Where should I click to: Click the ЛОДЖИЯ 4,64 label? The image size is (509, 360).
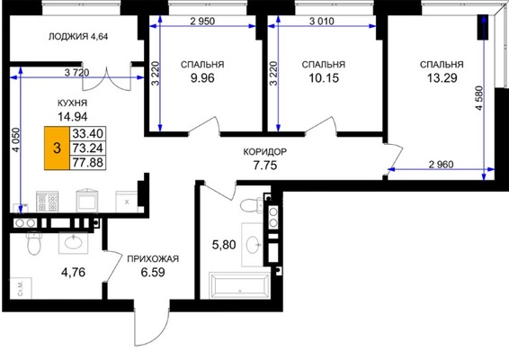tap(78, 36)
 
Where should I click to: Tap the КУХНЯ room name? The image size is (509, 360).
tap(72, 103)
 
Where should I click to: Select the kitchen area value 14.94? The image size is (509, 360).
tap(72, 116)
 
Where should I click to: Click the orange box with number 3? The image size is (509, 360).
tap(58, 148)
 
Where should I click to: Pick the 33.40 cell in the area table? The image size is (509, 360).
tap(87, 133)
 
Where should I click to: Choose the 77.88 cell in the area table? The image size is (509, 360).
tap(87, 162)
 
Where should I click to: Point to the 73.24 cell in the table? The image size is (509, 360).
tap(87, 148)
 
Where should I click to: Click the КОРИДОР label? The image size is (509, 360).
tap(265, 152)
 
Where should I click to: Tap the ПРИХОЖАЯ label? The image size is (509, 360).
tap(153, 259)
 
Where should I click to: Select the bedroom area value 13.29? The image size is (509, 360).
tap(442, 78)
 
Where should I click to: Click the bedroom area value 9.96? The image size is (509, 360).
tap(202, 78)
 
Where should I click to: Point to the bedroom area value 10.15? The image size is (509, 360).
tap(324, 78)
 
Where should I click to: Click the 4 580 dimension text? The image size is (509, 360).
tap(480, 98)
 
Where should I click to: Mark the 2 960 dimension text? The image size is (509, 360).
tap(441, 165)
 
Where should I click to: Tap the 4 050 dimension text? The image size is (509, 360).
tap(16, 140)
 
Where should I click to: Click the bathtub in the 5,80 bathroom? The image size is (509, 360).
tap(239, 285)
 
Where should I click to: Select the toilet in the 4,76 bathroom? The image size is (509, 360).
tap(33, 243)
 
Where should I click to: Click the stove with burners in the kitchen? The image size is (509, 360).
tap(48, 202)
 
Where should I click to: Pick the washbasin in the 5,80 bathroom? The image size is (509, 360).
tap(254, 244)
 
